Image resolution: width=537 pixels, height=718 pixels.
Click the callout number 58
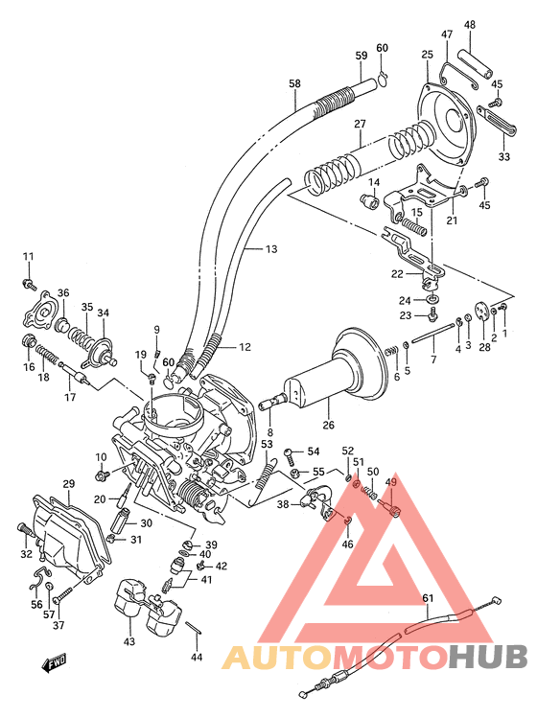pyautogui.click(x=295, y=83)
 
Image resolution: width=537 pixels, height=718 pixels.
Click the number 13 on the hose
pyautogui.click(x=271, y=249)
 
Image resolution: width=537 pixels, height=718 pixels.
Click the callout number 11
pyautogui.click(x=28, y=256)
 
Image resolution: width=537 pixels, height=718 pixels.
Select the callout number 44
pyautogui.click(x=197, y=657)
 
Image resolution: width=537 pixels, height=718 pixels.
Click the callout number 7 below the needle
pyautogui.click(x=432, y=359)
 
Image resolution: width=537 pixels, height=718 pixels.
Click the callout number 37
pyautogui.click(x=58, y=626)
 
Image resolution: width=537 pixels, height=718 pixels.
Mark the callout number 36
pyautogui.click(x=63, y=293)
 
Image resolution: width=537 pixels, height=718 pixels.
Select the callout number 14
pyautogui.click(x=374, y=182)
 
